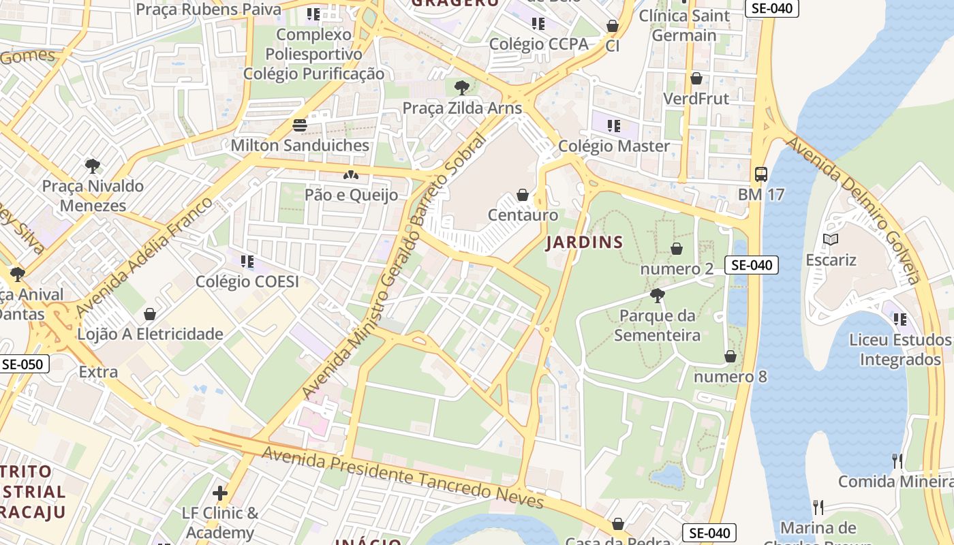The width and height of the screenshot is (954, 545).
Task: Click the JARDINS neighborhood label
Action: pos(585,243)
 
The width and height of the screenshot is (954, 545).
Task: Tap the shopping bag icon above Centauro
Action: pos(523,196)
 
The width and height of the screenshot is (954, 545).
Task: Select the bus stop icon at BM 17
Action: pos(761,174)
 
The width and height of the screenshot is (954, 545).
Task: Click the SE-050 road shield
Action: pos(22,364)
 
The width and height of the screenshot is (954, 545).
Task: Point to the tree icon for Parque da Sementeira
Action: pos(658,296)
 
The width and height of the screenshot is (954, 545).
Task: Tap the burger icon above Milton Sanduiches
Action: pos(300,125)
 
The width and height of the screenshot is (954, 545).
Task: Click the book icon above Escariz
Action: pos(831,240)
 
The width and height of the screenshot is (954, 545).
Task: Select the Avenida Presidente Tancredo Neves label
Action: pos(402,478)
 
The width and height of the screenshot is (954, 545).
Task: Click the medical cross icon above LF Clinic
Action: pos(219,493)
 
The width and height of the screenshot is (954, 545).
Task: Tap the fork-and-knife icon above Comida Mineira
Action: pos(897,461)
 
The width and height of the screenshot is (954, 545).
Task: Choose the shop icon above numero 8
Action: pos(730,356)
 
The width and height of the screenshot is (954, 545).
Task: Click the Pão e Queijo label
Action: pos(351,196)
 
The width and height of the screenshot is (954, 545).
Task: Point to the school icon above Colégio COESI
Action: pos(247,262)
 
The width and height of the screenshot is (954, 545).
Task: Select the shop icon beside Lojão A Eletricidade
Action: pos(150,314)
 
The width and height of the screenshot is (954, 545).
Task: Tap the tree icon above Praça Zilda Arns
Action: pos(461,87)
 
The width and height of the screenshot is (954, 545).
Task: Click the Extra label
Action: pos(98,372)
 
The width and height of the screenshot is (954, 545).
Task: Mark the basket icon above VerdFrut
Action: pos(696,78)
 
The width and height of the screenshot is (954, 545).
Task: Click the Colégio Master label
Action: pos(614,146)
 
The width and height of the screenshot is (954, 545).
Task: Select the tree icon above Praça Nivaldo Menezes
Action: pos(93,166)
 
